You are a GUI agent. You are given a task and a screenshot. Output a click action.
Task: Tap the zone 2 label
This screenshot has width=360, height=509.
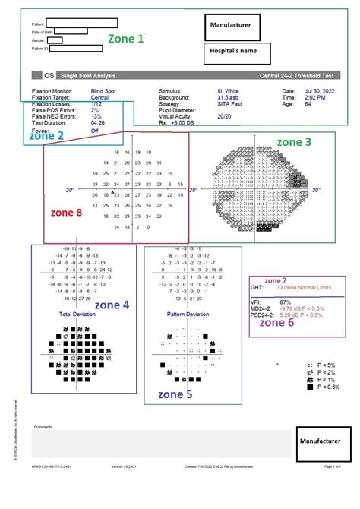[46, 136]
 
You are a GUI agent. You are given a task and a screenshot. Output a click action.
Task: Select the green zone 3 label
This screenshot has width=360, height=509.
[293, 141]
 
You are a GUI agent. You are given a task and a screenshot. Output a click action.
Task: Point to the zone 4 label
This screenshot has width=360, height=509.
[112, 305]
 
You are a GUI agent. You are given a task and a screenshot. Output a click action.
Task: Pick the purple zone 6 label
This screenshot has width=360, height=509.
[276, 321]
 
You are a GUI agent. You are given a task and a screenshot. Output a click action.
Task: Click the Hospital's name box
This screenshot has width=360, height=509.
[237, 52]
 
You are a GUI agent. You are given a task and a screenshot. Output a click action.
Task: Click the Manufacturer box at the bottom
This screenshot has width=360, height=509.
[324, 441]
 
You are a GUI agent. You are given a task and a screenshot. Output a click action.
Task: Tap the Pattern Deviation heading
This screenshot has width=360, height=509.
[187, 312]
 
